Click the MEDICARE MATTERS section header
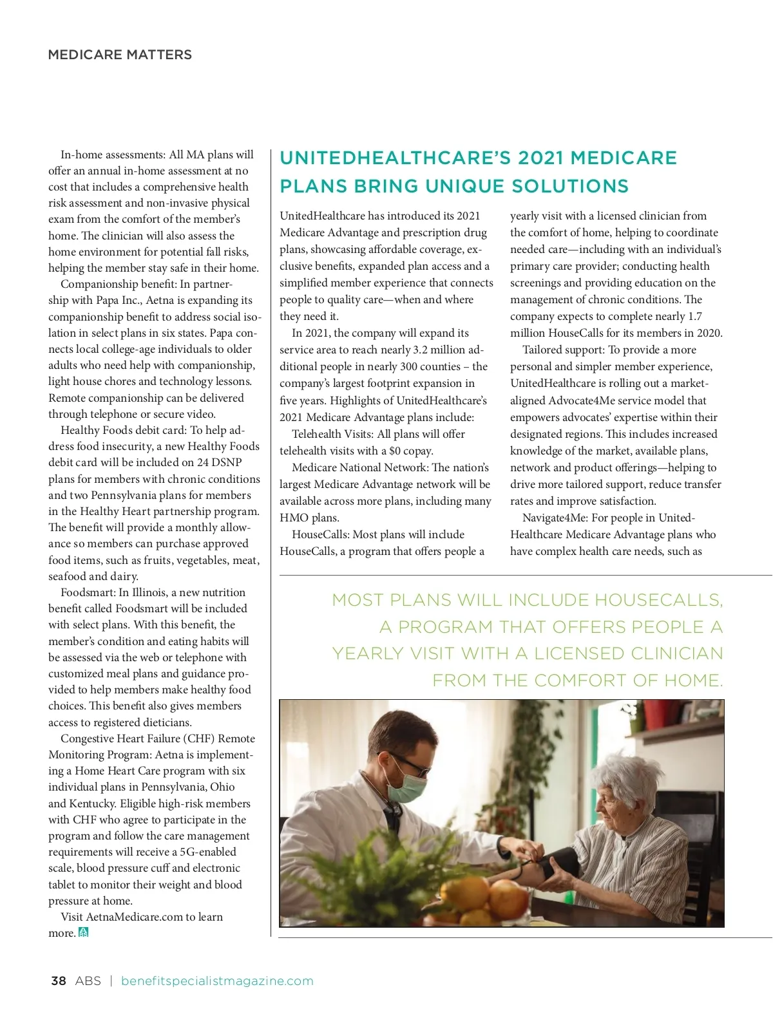coord(120,55)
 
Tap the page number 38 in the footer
coord(58,981)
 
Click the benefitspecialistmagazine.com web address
coord(217,981)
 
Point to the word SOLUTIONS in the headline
coord(569,186)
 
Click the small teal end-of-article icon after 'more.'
coord(83,932)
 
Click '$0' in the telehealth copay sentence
coord(395,451)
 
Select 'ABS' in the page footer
coord(88,981)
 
